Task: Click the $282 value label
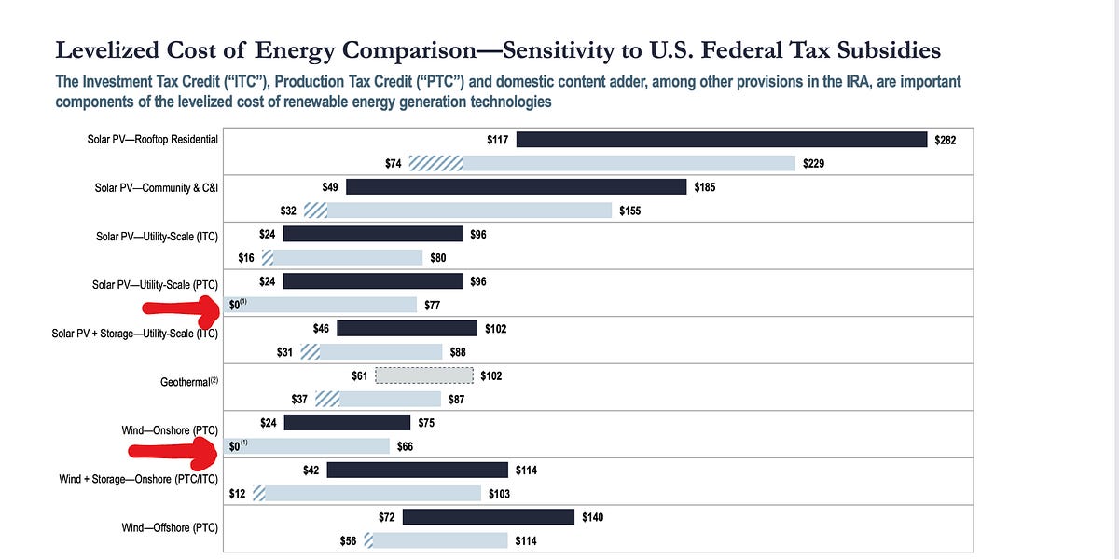946,140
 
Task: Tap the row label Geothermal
189,382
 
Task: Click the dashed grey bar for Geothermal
424,375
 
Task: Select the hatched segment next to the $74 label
435,164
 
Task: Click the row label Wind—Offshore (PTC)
170,528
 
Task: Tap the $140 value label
593,516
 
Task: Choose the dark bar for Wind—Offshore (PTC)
488,516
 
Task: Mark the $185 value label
706,187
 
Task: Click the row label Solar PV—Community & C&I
157,187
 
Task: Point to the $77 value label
433,305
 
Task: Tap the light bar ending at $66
308,446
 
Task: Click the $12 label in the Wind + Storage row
237,494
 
